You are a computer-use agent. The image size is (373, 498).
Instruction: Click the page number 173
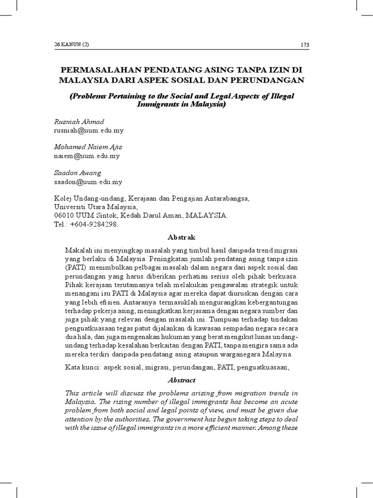[305, 45]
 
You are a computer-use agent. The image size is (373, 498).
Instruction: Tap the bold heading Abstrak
[181, 237]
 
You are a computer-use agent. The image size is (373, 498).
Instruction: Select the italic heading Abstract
[181, 381]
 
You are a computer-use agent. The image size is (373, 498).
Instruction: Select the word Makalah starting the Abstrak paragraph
[78, 249]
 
